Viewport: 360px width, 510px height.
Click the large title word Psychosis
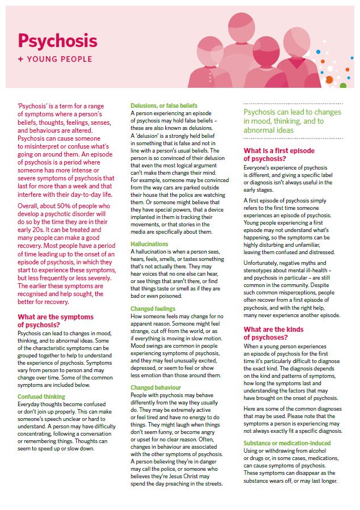click(57, 40)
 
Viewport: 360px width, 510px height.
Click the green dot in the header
click(343, 86)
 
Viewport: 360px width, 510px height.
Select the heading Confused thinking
click(41, 397)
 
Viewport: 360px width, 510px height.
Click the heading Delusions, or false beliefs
click(164, 106)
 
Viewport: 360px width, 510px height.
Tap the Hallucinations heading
click(150, 243)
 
